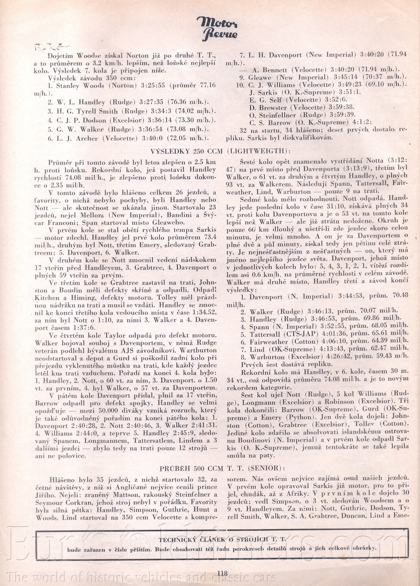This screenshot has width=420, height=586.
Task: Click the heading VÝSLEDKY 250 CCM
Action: tap(187, 151)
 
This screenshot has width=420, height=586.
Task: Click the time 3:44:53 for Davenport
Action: tap(350, 297)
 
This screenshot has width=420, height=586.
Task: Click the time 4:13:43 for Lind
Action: tap(333, 349)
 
